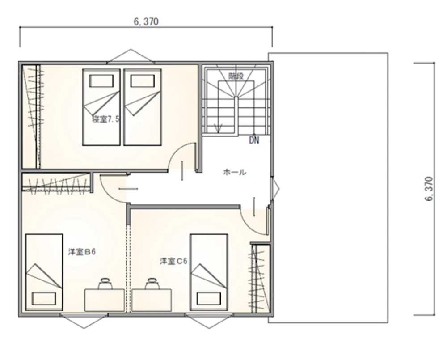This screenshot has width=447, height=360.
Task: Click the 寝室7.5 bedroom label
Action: tap(105, 119)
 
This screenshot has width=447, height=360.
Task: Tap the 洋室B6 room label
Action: tap(82, 252)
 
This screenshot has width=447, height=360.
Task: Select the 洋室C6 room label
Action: tap(173, 261)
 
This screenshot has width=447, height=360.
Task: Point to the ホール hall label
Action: tap(234, 172)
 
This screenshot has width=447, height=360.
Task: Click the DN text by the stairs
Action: tap(254, 140)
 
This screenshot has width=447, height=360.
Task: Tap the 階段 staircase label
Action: tap(236, 76)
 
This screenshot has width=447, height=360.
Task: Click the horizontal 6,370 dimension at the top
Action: tap(146, 21)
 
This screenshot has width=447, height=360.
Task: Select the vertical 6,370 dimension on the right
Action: tap(429, 189)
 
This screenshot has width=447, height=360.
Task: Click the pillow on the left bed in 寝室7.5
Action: tap(101, 81)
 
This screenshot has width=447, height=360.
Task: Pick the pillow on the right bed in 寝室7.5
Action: tap(143, 81)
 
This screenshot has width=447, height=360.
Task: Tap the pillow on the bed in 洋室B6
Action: tap(44, 299)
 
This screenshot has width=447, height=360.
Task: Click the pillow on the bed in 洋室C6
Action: tap(209, 299)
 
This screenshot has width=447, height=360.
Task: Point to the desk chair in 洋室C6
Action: tap(152, 283)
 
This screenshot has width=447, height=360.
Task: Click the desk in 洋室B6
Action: tap(104, 300)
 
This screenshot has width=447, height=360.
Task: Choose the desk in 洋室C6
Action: tap(152, 300)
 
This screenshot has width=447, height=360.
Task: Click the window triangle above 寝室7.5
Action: tap(131, 55)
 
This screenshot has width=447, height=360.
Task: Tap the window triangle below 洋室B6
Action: tap(84, 321)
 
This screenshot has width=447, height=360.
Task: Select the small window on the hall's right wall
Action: tap(275, 189)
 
